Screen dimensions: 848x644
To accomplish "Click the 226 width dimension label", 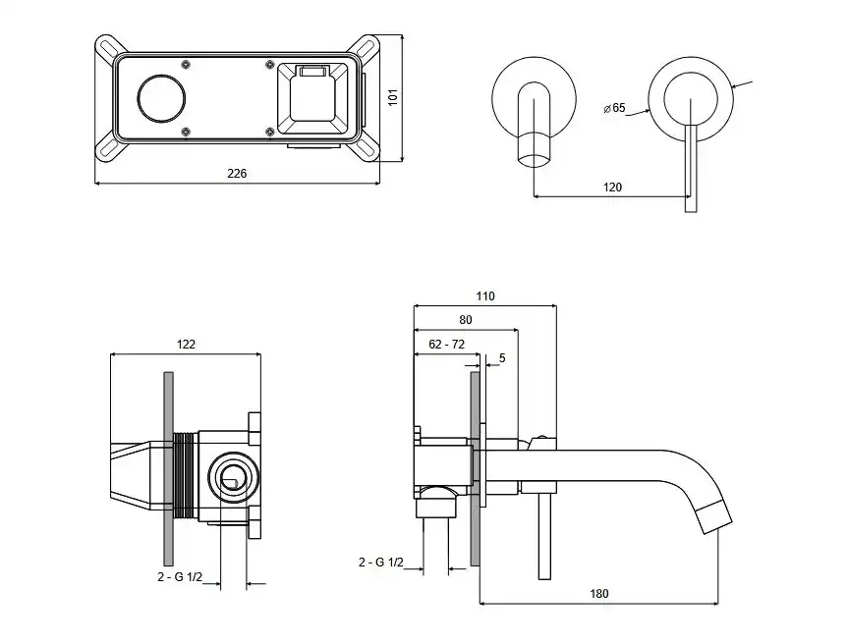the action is [237, 174].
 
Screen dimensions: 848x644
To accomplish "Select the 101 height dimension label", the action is [393, 97].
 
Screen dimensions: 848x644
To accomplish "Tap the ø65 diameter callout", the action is [614, 108].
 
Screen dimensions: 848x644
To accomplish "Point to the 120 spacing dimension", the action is [612, 188].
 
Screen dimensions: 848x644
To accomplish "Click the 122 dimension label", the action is [186, 345].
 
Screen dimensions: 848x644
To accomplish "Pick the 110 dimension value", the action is [485, 296].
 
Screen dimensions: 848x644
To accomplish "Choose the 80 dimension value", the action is [466, 320].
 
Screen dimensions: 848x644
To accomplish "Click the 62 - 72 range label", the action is [447, 345].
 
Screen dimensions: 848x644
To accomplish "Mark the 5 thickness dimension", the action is [502, 358].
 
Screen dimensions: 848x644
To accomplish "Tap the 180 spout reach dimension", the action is [599, 594].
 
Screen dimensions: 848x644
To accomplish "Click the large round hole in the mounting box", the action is [162, 98].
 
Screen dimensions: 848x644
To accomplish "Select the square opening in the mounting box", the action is [312, 99].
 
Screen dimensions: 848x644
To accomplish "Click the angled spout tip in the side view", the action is [714, 518].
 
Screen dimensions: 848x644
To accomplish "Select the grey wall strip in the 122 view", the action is [168, 469].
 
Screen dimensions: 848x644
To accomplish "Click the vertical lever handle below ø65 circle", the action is [691, 169].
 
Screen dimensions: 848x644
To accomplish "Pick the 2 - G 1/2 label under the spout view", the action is [380, 563].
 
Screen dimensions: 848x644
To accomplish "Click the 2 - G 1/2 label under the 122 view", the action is [180, 577].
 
